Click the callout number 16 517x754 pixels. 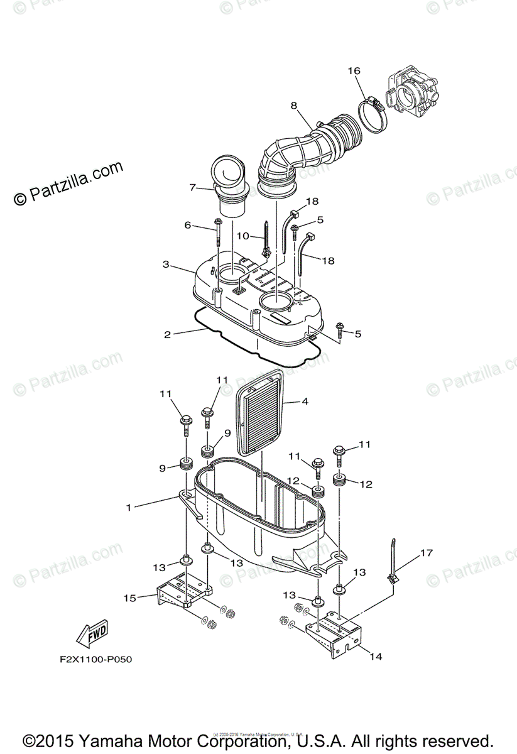(x=354, y=72)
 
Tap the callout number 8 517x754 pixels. (x=293, y=106)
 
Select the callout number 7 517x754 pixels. (x=193, y=187)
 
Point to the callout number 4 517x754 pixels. (x=305, y=400)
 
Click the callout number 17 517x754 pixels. (x=427, y=554)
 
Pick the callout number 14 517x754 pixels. (x=376, y=657)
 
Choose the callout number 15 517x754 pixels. (x=130, y=598)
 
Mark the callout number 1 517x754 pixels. (x=129, y=507)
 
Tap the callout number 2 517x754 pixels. (x=167, y=335)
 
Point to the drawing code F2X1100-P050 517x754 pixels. (x=93, y=660)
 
